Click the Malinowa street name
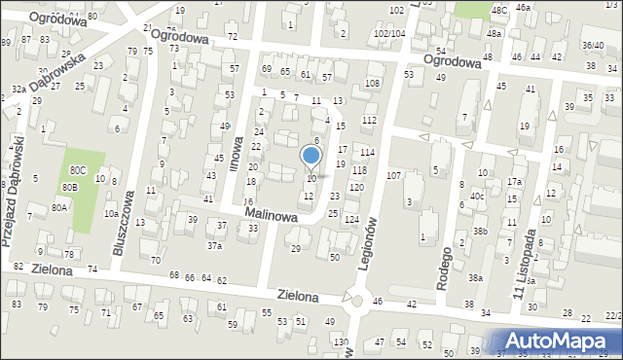272,213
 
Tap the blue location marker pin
311,156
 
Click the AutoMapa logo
560,341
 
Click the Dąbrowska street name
57,73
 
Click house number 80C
77,170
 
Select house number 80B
69,187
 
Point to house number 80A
60,207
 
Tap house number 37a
214,246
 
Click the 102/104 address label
389,33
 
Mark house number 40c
477,196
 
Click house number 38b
480,232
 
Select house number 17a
513,182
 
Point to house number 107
393,176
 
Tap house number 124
351,220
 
